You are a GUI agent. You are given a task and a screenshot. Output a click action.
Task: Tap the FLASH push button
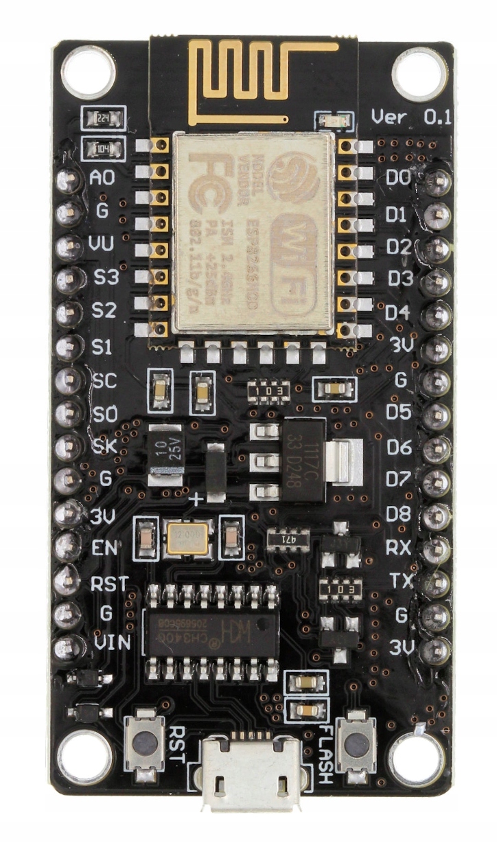click(x=356, y=743)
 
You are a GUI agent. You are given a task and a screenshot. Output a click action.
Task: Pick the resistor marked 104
click(x=103, y=148)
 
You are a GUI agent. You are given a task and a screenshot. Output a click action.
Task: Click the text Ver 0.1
click(x=411, y=117)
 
